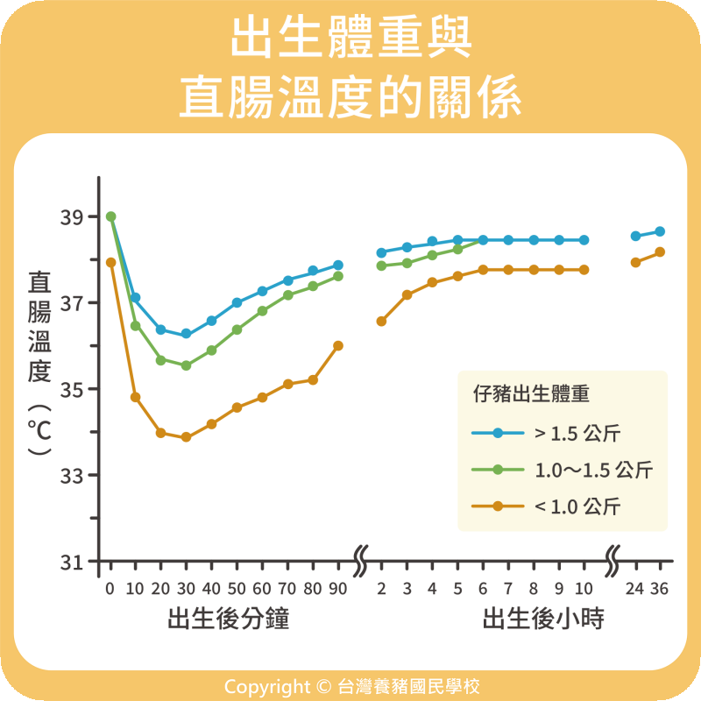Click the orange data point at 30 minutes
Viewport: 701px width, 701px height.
pos(186,437)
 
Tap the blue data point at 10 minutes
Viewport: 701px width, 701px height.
pos(136,298)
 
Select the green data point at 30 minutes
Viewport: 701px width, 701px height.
pos(186,365)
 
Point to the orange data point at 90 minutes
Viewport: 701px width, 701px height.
pos(338,345)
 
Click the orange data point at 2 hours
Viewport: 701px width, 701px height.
pos(381,322)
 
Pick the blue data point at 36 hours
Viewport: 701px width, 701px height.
pos(660,231)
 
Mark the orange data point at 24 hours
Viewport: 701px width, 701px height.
pos(635,262)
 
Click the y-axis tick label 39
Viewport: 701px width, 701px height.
pos(73,216)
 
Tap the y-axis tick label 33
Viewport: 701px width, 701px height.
pos(73,476)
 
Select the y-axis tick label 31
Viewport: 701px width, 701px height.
pos(73,562)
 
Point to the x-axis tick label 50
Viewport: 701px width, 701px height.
pos(237,589)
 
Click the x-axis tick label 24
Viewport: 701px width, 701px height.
pos(635,589)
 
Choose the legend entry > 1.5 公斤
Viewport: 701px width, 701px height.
pos(578,433)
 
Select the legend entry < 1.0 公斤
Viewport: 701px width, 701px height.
pos(578,506)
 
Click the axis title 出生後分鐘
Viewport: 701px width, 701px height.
pos(229,620)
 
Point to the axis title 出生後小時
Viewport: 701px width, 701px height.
pos(543,620)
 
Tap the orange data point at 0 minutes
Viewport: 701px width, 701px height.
pos(110,262)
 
